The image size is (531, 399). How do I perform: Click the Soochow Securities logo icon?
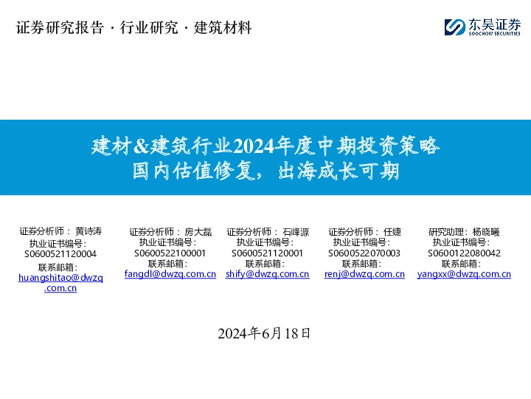(x=454, y=27)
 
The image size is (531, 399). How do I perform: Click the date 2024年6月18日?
(x=265, y=333)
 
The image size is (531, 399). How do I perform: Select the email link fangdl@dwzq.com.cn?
(x=170, y=274)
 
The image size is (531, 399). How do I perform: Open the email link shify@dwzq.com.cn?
(x=268, y=274)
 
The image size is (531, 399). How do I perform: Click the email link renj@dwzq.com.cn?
(x=364, y=274)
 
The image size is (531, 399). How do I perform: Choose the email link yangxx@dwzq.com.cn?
(x=464, y=274)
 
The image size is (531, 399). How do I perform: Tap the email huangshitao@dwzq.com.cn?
(x=60, y=278)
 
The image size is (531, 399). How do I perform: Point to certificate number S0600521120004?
(x=60, y=253)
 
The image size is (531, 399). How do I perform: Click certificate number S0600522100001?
(x=170, y=253)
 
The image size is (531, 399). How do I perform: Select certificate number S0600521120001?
(x=268, y=253)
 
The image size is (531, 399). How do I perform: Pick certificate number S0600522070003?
(x=364, y=253)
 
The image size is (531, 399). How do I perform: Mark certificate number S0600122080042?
(x=464, y=253)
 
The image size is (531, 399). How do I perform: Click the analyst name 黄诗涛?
(x=88, y=231)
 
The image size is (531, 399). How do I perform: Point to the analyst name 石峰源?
(x=296, y=232)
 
